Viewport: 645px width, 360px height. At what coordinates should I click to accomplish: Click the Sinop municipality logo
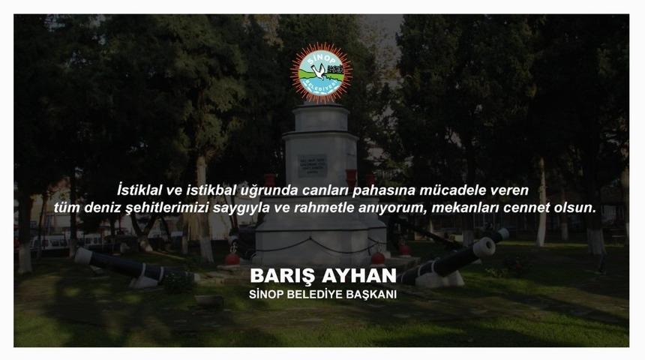pyautogui.click(x=321, y=72)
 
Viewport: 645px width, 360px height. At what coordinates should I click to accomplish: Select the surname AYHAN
pyautogui.click(x=358, y=275)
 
